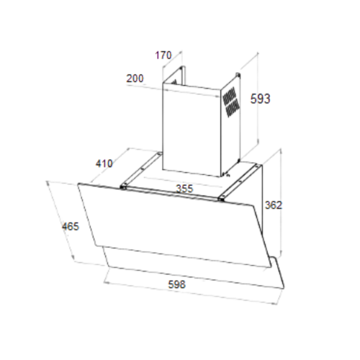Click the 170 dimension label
coord(163,55)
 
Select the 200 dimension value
coord(135,78)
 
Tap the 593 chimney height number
coord(260,99)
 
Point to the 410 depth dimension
coord(104,163)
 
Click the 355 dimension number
coord(184,189)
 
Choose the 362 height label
coord(274,205)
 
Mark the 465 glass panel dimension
coord(71,227)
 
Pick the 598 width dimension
coord(177,284)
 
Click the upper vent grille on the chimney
coord(230,96)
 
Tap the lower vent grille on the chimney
coord(233,108)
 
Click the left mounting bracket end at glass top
coord(124,186)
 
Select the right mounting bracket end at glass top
coord(222,198)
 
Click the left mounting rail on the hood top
coord(141,169)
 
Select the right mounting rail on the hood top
coord(240,181)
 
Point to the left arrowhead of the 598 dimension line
coord(106,282)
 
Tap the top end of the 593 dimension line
coord(258,53)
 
